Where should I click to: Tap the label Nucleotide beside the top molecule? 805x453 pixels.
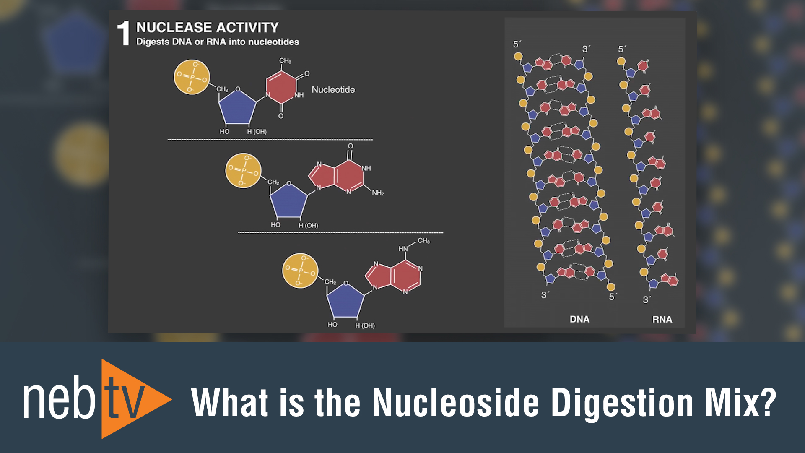point(333,89)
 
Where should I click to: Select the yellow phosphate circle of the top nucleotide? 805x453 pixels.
point(192,77)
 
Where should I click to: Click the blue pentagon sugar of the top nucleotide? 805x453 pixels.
point(237,107)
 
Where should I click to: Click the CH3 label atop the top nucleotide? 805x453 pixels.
point(285,61)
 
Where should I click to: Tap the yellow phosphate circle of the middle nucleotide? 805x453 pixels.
point(243,170)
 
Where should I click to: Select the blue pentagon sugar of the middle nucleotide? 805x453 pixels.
point(288,201)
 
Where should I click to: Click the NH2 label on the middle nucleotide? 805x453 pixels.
point(378,193)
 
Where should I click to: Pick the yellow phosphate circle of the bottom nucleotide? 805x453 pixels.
point(300,271)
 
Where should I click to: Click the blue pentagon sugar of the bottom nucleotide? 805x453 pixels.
point(345,301)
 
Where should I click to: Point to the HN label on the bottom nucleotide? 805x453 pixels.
point(403,249)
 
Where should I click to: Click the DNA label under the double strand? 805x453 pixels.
point(579,319)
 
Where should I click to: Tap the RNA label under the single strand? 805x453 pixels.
point(662,319)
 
